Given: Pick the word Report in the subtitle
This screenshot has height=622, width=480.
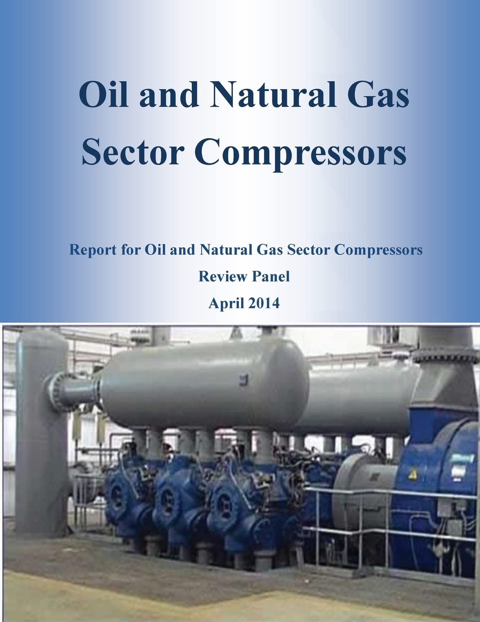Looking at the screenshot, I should click(x=92, y=250).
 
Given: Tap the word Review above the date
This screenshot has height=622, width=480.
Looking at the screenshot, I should click(x=218, y=276).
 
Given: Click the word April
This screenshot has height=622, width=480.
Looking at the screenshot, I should click(x=225, y=303).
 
